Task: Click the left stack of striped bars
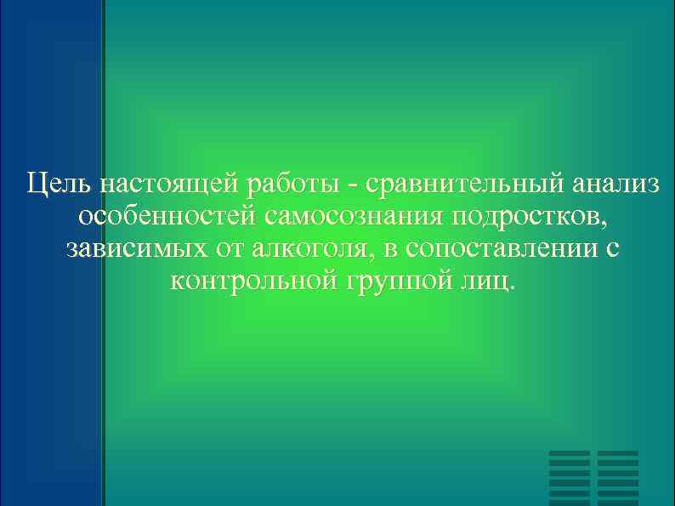pos(570,477)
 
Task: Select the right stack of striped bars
pos(618,477)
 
